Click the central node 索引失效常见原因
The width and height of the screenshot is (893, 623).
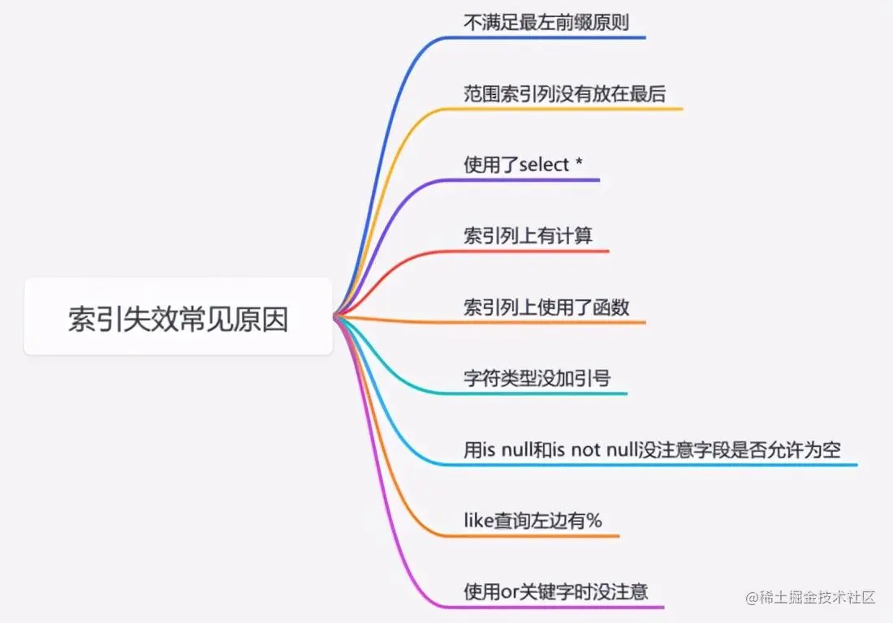click(178, 319)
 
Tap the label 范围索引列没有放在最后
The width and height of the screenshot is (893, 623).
click(564, 93)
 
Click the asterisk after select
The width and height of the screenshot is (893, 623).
click(578, 165)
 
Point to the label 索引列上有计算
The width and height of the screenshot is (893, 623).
click(528, 236)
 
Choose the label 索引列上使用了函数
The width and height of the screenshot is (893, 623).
click(546, 307)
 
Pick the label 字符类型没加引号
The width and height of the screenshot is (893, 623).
click(537, 378)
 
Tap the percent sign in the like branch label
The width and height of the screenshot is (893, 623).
click(594, 521)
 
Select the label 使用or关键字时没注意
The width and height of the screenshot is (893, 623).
click(555, 591)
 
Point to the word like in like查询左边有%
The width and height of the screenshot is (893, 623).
click(478, 521)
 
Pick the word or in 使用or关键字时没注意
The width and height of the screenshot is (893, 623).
click(509, 592)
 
